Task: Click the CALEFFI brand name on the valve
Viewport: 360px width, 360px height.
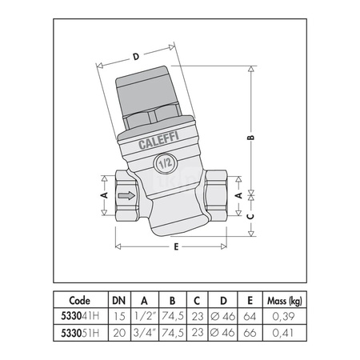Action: [164, 144]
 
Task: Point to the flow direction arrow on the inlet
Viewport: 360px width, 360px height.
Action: [125, 194]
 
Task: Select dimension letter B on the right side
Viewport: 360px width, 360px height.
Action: [251, 138]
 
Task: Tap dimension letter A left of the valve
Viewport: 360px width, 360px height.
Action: [102, 194]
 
